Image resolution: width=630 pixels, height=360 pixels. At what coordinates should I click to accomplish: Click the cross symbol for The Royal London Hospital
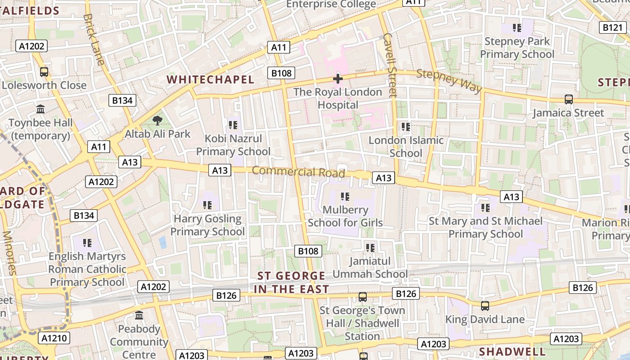tap(337, 79)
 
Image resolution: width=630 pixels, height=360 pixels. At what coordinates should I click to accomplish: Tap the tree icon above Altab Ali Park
tap(157, 120)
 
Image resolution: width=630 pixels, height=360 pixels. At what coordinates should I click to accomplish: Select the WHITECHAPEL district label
tap(210, 80)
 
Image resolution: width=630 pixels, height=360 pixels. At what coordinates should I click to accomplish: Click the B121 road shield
tap(612, 27)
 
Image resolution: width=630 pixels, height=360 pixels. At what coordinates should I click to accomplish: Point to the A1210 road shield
tap(54, 338)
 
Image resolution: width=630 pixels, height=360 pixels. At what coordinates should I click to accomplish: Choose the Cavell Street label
tap(390, 65)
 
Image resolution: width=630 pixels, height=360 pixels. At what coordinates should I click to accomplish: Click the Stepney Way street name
tap(449, 81)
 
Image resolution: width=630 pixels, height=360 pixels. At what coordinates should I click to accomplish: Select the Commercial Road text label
tap(298, 171)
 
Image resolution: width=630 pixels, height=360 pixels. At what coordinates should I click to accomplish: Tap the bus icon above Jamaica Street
tap(569, 99)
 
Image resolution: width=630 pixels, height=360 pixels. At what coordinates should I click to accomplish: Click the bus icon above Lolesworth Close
tap(44, 72)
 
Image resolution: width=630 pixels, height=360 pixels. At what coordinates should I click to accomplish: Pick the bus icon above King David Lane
tap(485, 306)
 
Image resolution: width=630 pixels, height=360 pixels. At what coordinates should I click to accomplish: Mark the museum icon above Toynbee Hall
tap(40, 109)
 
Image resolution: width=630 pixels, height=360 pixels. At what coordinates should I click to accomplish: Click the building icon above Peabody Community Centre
tap(139, 315)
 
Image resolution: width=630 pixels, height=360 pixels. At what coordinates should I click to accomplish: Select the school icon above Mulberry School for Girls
tap(345, 196)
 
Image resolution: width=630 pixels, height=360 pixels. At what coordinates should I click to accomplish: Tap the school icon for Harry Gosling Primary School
tap(207, 205)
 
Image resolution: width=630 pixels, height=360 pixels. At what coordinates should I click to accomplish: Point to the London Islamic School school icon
tap(406, 127)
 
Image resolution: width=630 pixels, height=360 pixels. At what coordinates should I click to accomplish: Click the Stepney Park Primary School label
tap(517, 48)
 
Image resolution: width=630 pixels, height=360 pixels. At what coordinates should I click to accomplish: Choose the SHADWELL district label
tap(512, 351)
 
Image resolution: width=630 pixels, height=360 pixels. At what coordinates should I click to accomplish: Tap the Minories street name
tap(9, 252)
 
